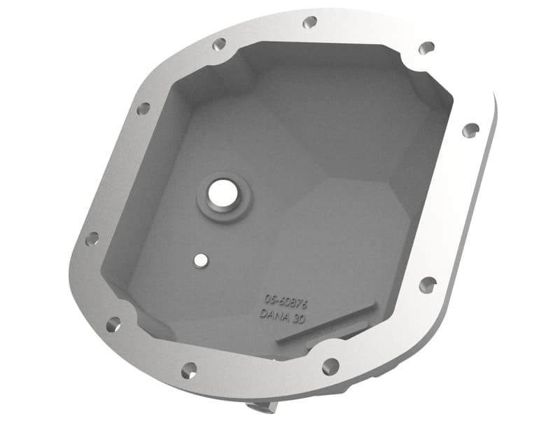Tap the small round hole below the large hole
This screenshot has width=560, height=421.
click(x=202, y=261)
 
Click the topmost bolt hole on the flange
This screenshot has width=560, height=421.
click(x=309, y=22)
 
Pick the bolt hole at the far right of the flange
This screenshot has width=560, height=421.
click(x=472, y=129)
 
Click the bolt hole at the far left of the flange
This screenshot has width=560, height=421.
click(x=92, y=239)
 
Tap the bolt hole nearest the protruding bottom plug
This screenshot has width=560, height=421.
click(x=189, y=371)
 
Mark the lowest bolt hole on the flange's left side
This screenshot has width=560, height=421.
click(x=113, y=324)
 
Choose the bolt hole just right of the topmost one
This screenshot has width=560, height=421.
click(x=426, y=48)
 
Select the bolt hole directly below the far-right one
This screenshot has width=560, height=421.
click(x=427, y=284)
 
